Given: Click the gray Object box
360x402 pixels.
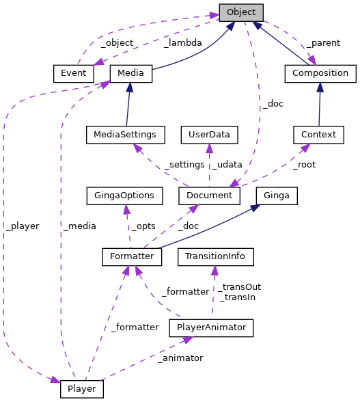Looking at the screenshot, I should pyautogui.click(x=240, y=12).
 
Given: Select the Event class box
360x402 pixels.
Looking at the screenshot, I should pyautogui.click(x=72, y=73).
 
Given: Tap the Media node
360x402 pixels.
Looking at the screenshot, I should pyautogui.click(x=130, y=73).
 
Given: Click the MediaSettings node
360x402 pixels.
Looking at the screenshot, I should pyautogui.click(x=125, y=135).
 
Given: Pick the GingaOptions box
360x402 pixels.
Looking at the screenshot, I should pyautogui.click(x=124, y=196).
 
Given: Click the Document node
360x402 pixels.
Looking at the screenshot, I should pyautogui.click(x=209, y=196).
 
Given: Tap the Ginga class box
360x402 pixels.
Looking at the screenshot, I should pyautogui.click(x=277, y=196).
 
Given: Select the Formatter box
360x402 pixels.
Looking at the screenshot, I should pyautogui.click(x=132, y=257).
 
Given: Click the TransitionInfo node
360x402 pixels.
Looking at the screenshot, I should pyautogui.click(x=215, y=257).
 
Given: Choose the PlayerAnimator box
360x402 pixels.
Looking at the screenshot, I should pyautogui.click(x=211, y=328).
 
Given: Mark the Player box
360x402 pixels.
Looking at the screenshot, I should pyautogui.click(x=82, y=389).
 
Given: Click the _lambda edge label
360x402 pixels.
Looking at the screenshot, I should pyautogui.click(x=182, y=42).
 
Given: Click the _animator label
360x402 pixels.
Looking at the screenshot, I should pyautogui.click(x=179, y=358).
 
